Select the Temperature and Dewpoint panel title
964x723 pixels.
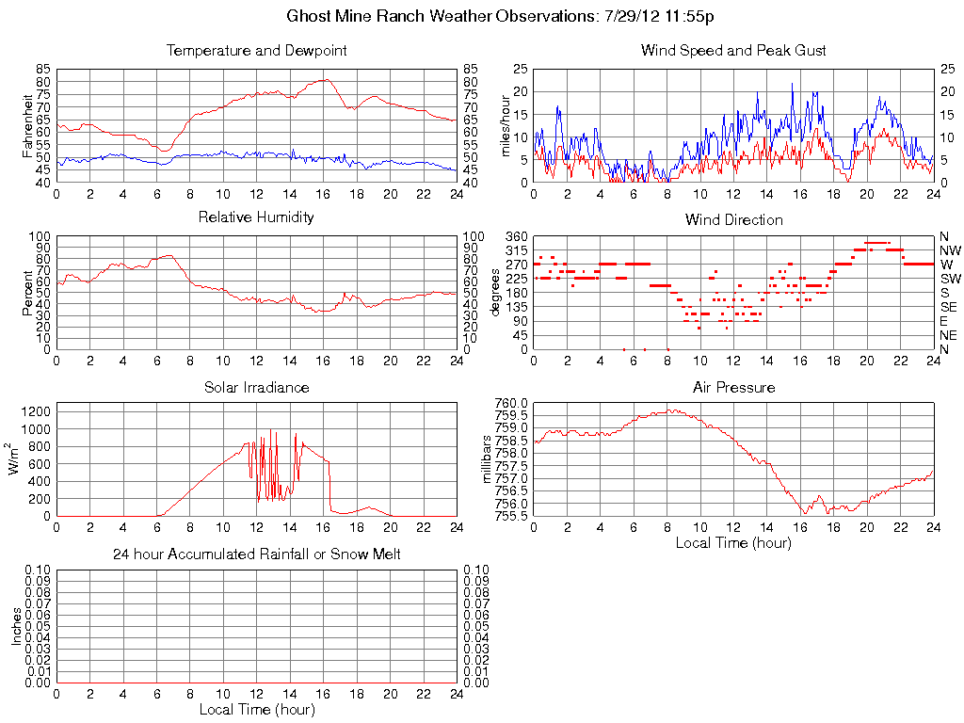[x=256, y=51]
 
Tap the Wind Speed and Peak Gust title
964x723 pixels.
[x=733, y=51]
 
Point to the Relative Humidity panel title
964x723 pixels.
[x=256, y=217]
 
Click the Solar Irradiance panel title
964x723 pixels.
[x=256, y=387]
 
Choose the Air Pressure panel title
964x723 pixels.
[x=733, y=387]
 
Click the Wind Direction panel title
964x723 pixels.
[x=733, y=220]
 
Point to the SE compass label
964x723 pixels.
[x=948, y=307]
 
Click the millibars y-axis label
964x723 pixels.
[x=488, y=459]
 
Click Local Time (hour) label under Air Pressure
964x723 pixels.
[x=733, y=542]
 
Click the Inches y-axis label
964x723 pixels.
[x=16, y=626]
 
